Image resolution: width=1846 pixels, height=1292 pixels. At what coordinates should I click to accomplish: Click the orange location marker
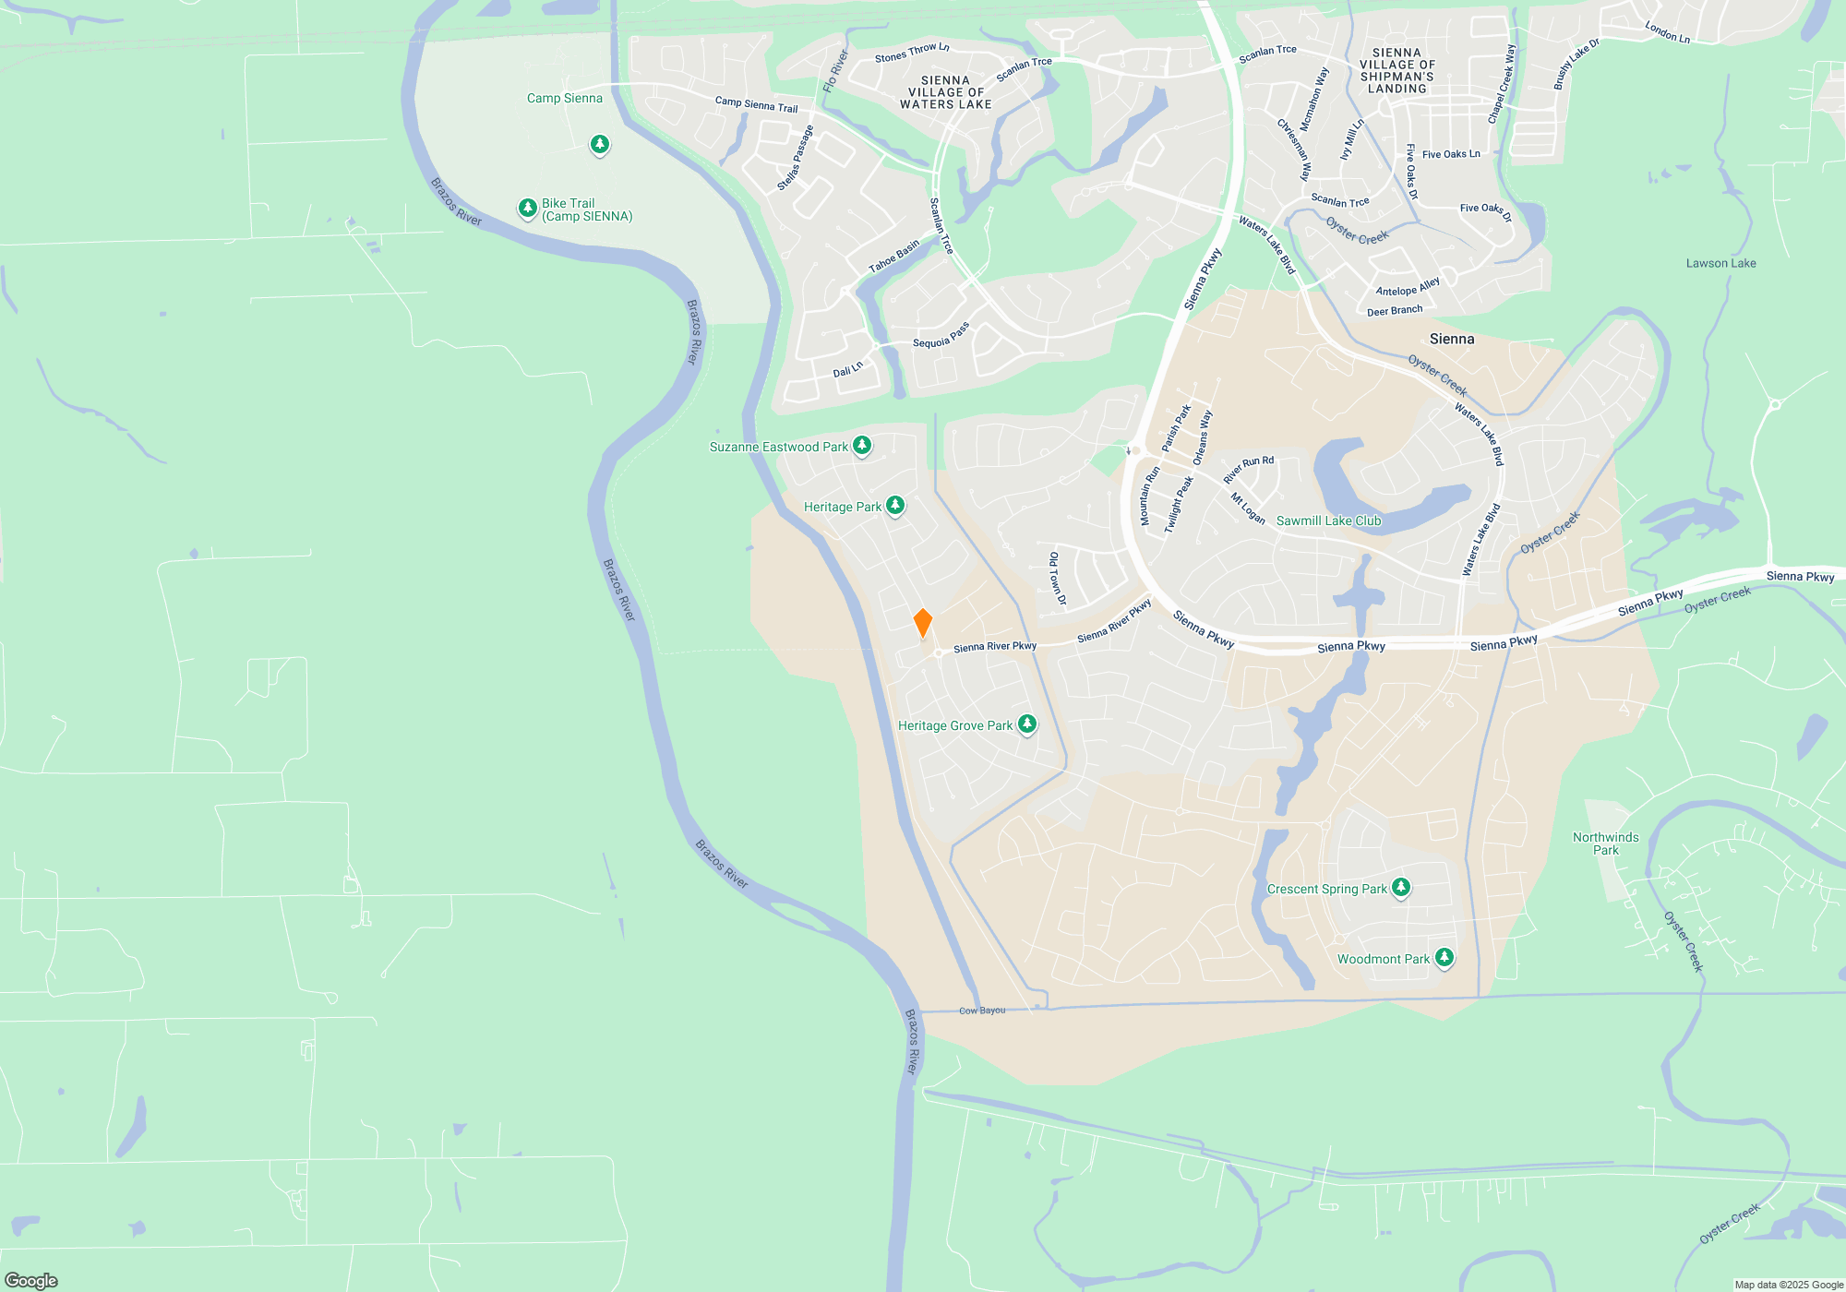click(922, 623)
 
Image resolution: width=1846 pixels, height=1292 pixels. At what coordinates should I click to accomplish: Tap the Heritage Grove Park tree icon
click(1026, 724)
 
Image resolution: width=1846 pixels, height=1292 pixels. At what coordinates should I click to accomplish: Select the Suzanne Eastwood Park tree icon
click(862, 446)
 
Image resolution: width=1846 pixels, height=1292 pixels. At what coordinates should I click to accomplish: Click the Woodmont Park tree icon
click(1444, 958)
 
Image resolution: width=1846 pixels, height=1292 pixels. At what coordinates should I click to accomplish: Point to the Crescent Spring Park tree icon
click(1401, 888)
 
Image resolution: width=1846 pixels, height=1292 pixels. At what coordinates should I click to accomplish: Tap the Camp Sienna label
click(564, 99)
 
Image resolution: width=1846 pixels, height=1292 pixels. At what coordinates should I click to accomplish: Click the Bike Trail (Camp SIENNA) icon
click(528, 209)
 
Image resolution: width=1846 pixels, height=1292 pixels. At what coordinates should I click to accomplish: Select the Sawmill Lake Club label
click(1328, 521)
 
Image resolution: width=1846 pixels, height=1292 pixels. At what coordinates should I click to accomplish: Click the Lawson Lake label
click(1720, 264)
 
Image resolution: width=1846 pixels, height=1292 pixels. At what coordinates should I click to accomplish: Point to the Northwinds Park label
click(1606, 843)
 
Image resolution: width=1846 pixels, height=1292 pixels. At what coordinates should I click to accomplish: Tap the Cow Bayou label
click(982, 1011)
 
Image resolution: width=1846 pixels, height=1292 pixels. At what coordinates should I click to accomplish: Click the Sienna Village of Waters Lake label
click(945, 92)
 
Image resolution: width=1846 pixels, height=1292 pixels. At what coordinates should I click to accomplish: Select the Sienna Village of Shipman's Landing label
click(1396, 71)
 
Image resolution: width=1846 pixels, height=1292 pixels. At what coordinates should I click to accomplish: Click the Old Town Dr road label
click(1058, 579)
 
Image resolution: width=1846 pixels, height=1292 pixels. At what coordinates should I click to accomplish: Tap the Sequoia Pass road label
click(941, 336)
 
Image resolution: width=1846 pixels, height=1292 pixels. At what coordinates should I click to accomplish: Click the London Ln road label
click(1667, 32)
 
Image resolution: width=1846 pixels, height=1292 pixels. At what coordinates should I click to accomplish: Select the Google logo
click(31, 1280)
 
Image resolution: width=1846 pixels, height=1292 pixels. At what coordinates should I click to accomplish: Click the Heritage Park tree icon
click(894, 506)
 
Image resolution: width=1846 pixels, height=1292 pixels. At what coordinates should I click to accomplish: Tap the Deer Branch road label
click(1394, 311)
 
